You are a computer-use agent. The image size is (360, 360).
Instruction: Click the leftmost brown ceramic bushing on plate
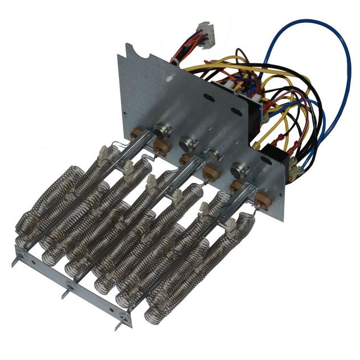click(138, 138)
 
